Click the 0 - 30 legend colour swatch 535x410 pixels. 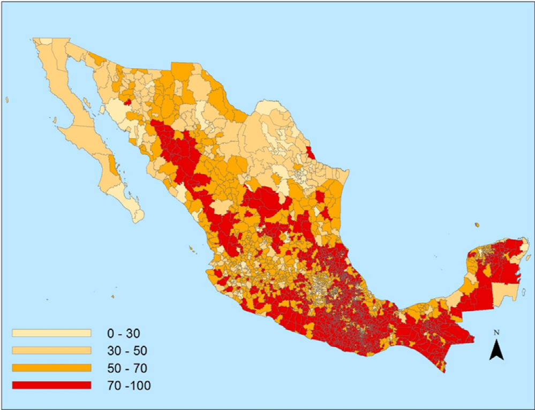tap(51, 333)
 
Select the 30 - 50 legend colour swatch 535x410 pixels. tap(51, 351)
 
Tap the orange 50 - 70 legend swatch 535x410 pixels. tap(51, 368)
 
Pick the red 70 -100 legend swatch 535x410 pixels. tap(51, 385)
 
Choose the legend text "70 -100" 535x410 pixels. tap(129, 385)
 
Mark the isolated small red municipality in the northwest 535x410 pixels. tap(128, 100)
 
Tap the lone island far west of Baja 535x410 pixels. tap(6, 99)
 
